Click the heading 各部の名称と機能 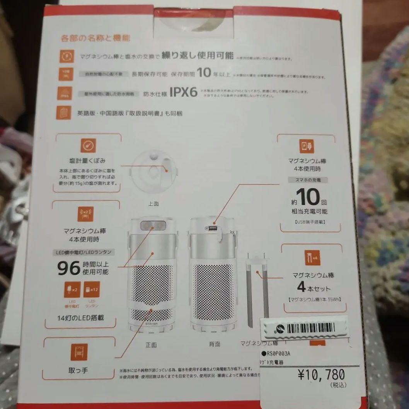tap(95, 38)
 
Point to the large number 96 tap(69, 268)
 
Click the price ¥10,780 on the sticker tap(321, 374)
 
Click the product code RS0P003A tap(278, 353)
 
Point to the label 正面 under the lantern tap(151, 344)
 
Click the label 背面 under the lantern tap(214, 344)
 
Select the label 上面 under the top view tap(153, 203)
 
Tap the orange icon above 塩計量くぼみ tap(88, 146)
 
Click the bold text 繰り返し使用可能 tap(198, 56)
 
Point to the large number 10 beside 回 tap(309, 197)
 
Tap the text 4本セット tap(314, 288)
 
